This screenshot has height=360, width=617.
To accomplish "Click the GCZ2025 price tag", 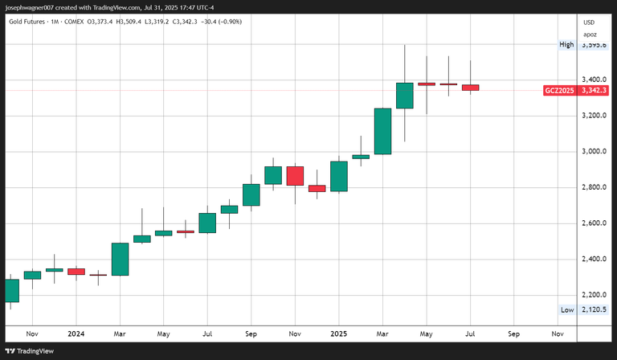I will click(559, 91).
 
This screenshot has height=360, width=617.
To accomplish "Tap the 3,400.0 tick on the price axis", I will click(594, 80).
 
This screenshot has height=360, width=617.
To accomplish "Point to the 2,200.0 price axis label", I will click(594, 295).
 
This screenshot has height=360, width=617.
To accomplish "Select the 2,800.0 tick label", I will click(594, 187).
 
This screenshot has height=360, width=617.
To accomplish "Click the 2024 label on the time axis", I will click(76, 333).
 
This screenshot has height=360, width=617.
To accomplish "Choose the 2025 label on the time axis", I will click(338, 333).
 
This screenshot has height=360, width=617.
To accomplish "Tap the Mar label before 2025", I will click(120, 333).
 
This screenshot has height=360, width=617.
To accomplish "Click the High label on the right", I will click(566, 45).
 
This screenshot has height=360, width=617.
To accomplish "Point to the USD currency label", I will click(589, 22).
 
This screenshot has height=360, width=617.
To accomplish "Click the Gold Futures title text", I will click(33, 21).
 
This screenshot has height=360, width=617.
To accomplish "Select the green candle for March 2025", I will click(382, 130).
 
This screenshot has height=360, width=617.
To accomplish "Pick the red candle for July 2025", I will click(470, 88).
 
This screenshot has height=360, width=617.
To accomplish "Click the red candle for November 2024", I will click(295, 176).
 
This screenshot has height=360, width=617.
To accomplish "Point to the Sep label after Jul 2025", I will click(513, 333).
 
